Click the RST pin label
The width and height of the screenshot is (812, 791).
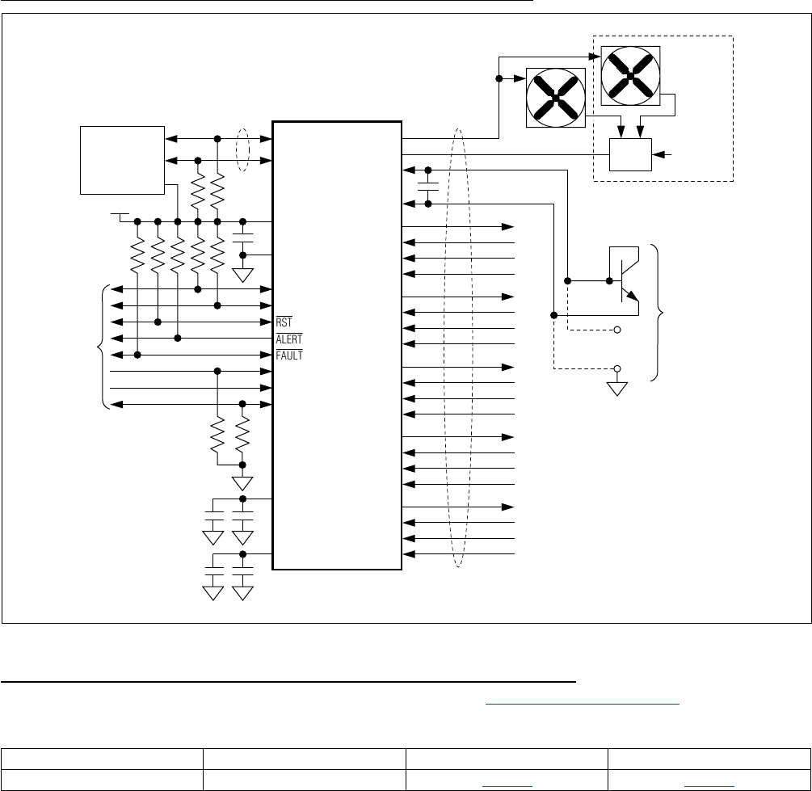(284, 322)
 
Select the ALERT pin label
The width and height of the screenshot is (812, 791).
(288, 339)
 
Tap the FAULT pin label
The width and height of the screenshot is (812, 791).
(288, 355)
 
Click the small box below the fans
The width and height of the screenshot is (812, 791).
(630, 154)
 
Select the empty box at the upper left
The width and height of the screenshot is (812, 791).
(122, 159)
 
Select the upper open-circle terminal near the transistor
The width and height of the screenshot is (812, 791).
(618, 330)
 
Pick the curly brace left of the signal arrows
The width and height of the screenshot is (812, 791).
(100, 347)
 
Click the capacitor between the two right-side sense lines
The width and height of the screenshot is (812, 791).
(427, 187)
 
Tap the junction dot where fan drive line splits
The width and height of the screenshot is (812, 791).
(499, 79)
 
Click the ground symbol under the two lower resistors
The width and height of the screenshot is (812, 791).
(242, 483)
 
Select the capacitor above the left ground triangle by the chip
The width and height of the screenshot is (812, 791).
(242, 239)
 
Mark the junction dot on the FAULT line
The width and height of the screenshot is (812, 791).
(138, 355)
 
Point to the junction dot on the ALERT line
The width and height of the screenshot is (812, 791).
(178, 339)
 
